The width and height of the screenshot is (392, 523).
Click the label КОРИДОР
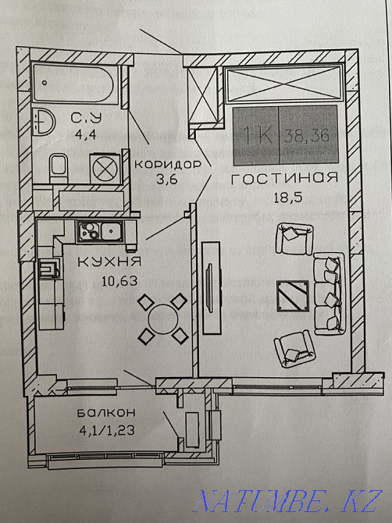(x=168, y=165)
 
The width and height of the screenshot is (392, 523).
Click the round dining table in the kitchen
(x=163, y=320)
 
